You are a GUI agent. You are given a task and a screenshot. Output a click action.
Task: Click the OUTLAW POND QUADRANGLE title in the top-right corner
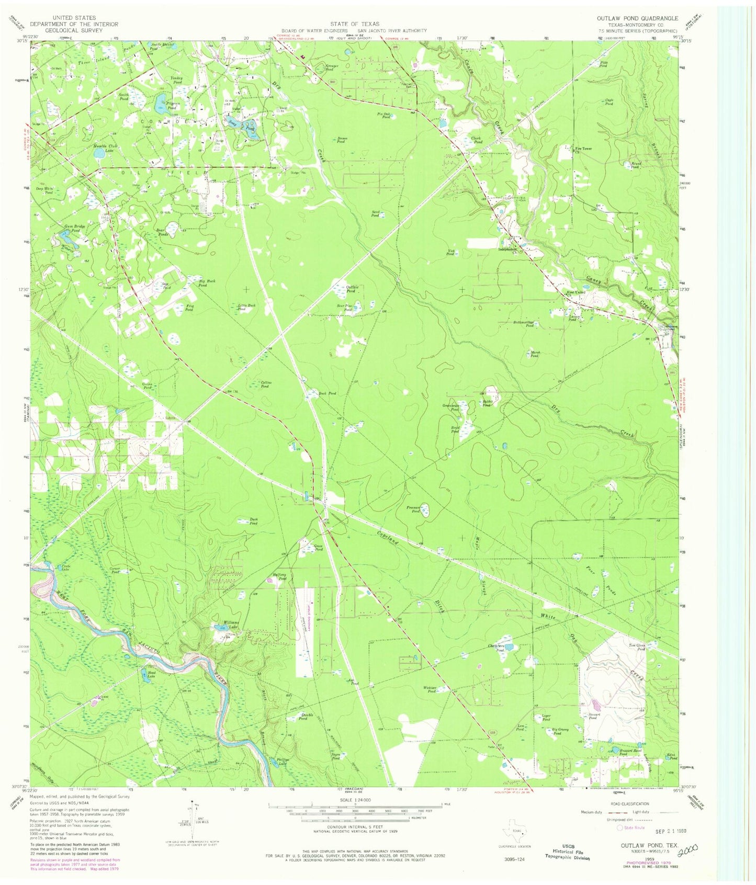pos(637,18)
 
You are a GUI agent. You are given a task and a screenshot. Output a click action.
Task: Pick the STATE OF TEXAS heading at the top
pos(354,24)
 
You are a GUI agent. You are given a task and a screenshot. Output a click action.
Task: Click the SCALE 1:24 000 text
pos(355,800)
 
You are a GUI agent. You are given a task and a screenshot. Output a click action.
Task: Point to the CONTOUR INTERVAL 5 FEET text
pos(355,826)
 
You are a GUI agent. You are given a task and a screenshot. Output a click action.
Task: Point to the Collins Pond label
pos(265,384)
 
